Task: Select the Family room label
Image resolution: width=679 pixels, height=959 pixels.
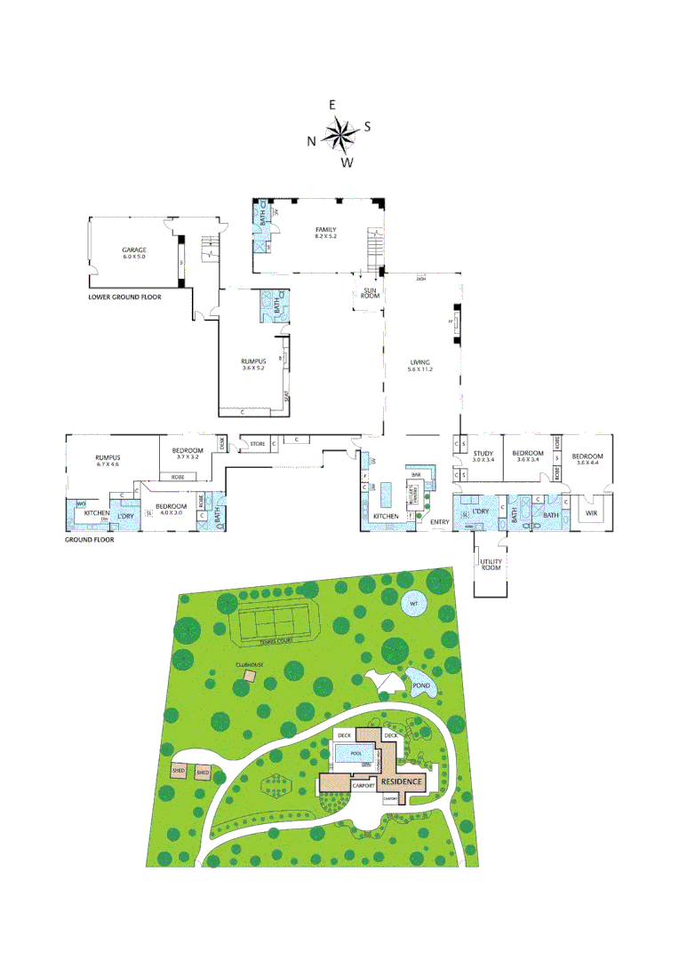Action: (324, 230)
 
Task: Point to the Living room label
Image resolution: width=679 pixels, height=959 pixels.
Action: (419, 363)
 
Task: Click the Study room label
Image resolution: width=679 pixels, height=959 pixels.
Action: (483, 455)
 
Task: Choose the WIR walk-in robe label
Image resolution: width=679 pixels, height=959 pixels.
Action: (590, 512)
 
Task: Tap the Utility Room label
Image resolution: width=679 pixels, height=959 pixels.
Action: (491, 565)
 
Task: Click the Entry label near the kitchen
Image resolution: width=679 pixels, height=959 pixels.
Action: (439, 522)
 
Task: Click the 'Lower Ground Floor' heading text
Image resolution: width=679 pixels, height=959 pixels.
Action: (125, 297)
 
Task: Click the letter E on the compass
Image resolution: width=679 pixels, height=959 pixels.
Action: (332, 105)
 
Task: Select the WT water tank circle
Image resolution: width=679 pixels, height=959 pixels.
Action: (412, 605)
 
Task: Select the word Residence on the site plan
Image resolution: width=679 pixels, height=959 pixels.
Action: (403, 781)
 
